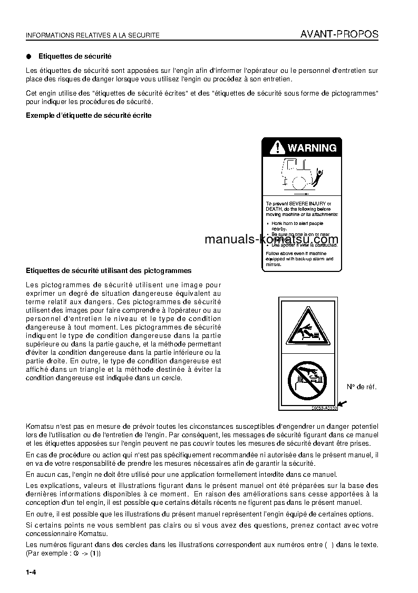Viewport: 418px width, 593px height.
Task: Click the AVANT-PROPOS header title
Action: [339, 34]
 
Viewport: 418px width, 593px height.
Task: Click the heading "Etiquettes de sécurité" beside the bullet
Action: [75, 56]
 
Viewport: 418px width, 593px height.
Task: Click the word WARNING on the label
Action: [312, 148]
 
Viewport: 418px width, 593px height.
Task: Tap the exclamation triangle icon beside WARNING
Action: [277, 148]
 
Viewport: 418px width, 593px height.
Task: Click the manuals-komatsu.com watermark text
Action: [271, 239]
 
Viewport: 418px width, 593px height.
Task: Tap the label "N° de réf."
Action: [362, 387]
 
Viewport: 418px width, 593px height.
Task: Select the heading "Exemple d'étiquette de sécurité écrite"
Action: [89, 115]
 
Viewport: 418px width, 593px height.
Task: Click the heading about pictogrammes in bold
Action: [109, 270]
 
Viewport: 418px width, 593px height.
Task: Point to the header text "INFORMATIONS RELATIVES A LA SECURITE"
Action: [93, 35]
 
